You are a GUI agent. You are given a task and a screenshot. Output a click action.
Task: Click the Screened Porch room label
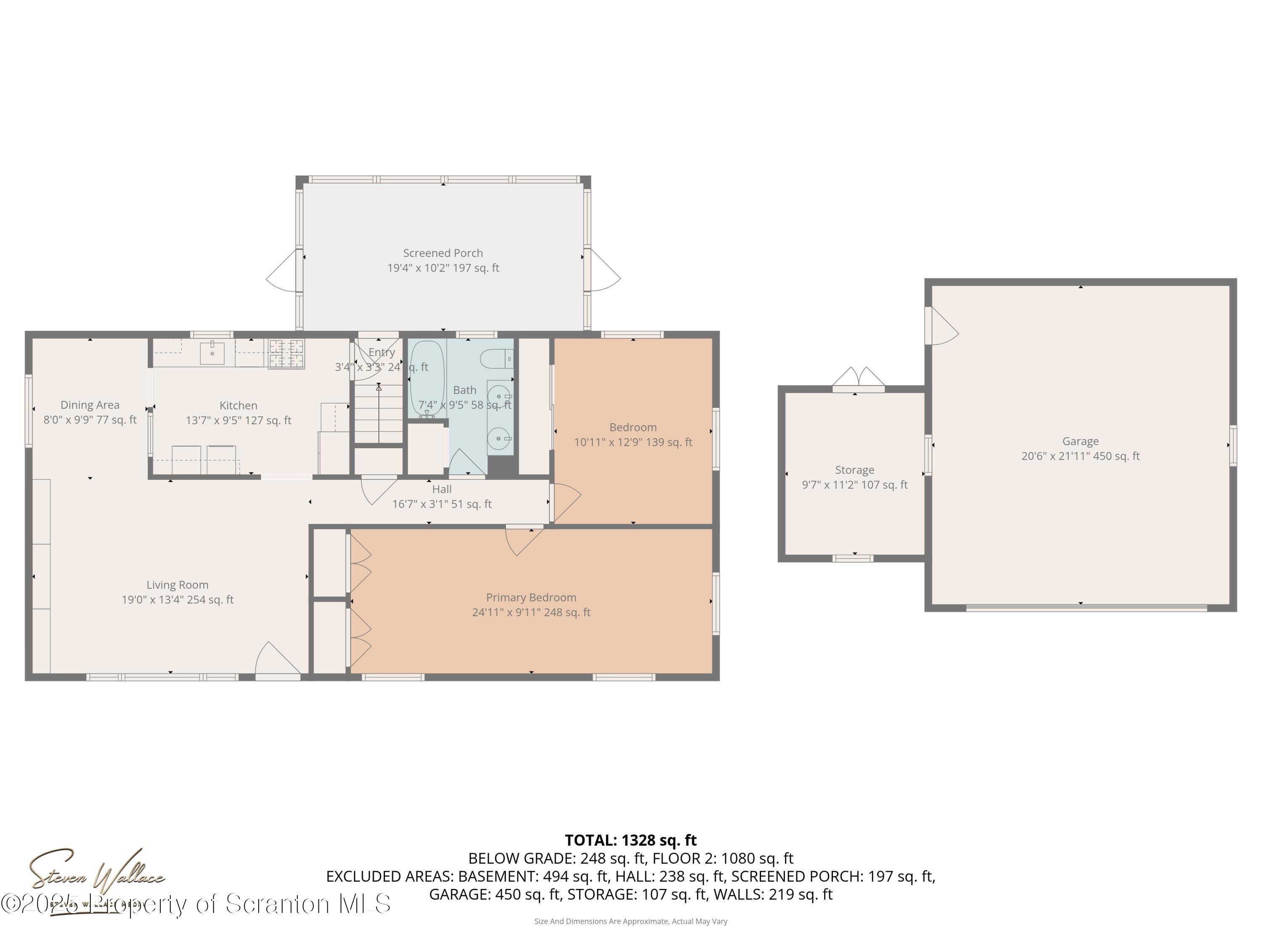click(443, 253)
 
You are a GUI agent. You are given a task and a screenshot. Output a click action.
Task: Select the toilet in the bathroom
click(496, 359)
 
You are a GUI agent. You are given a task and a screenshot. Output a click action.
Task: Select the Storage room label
click(854, 470)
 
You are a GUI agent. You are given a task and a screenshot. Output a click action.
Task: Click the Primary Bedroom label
click(530, 597)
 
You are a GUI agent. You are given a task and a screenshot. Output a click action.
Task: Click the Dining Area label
click(90, 405)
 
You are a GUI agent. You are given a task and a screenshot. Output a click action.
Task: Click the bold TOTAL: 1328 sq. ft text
click(631, 840)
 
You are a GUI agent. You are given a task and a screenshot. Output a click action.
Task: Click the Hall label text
click(442, 489)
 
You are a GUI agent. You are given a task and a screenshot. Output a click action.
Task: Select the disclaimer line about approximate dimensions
click(631, 921)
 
